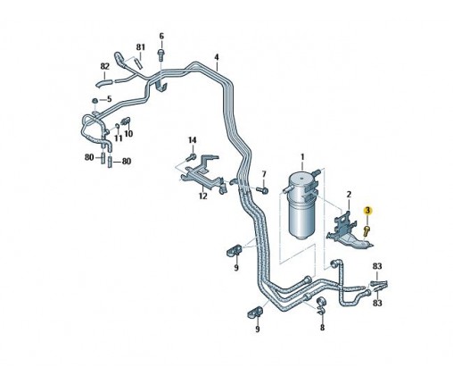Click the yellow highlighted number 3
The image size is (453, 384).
click(x=368, y=211)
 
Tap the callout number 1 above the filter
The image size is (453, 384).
click(x=302, y=156)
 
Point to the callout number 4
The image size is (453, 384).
click(x=217, y=57)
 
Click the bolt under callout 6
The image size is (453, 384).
click(x=161, y=54)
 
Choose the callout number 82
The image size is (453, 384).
click(x=104, y=66)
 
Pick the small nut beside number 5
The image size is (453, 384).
click(x=95, y=101)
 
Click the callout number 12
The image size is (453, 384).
click(x=203, y=196)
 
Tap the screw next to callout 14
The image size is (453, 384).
click(x=192, y=156)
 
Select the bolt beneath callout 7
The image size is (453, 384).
click(x=263, y=189)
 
